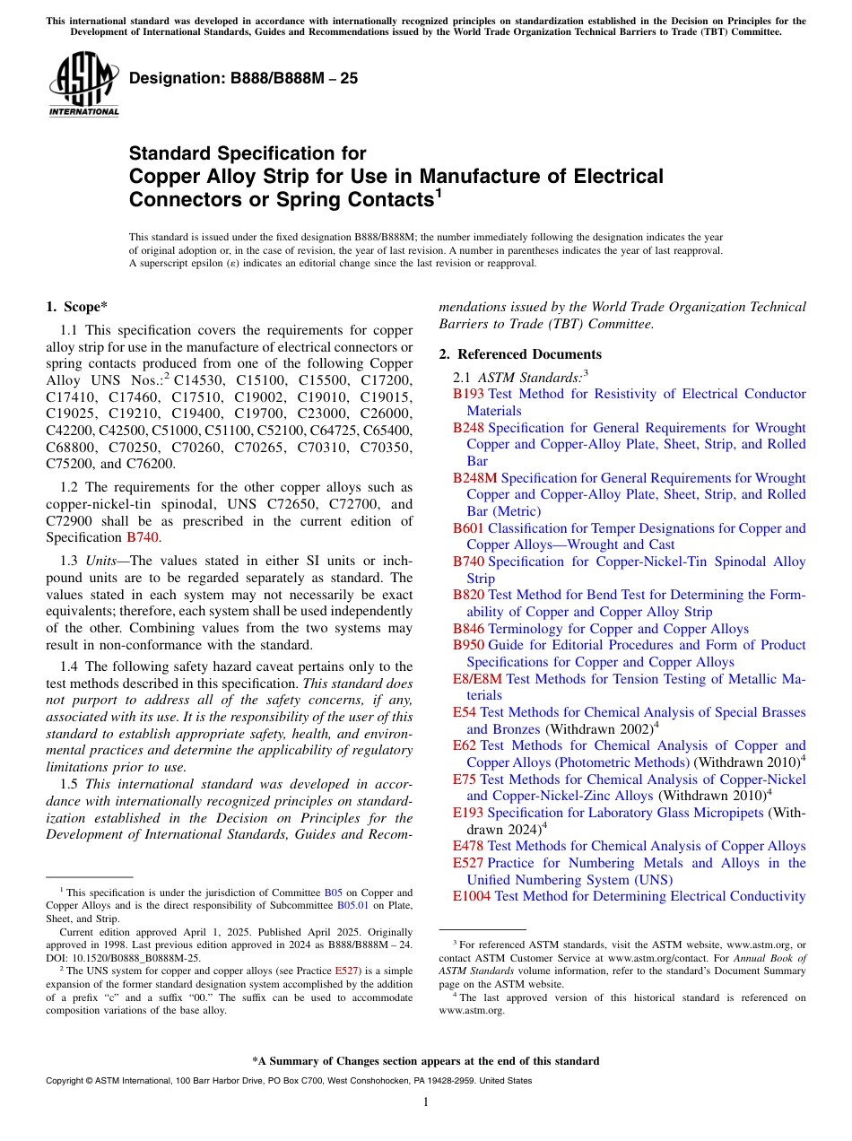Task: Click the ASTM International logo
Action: (x=83, y=85)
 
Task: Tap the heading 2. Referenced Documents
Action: (x=520, y=354)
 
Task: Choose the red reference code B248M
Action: (x=475, y=478)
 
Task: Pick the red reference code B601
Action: (x=468, y=528)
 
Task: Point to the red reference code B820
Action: (x=468, y=595)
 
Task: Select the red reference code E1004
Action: (x=472, y=896)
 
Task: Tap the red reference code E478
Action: (x=468, y=846)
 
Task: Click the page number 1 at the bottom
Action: (x=426, y=1102)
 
